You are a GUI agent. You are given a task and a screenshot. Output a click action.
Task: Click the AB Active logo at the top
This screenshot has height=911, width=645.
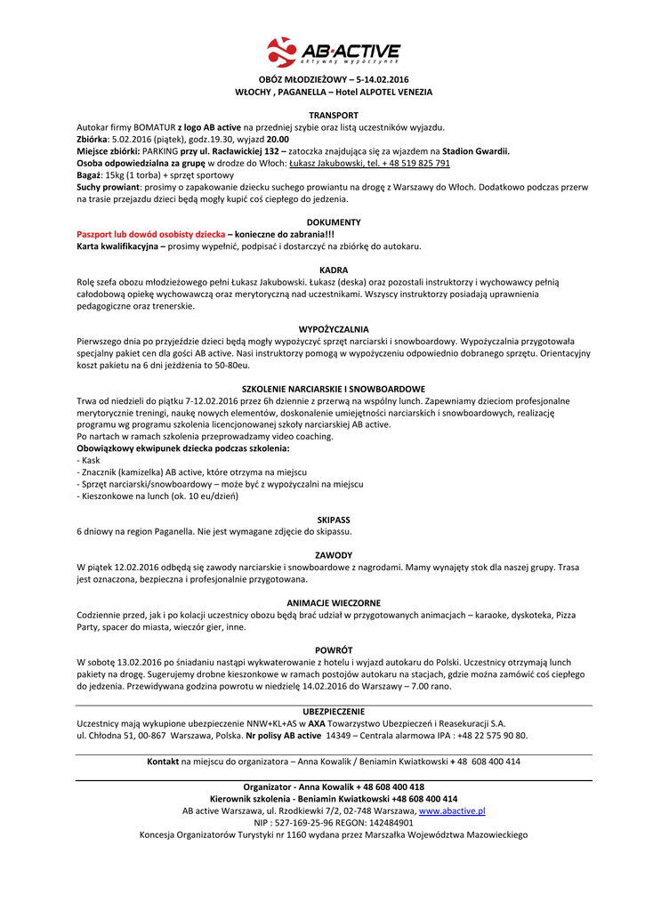[x=334, y=52]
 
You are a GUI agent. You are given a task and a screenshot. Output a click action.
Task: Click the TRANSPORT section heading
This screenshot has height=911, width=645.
[x=334, y=116]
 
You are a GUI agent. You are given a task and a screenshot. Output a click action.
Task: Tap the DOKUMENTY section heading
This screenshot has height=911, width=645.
[x=334, y=222]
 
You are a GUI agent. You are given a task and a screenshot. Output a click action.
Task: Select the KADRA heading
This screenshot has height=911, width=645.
[x=334, y=270]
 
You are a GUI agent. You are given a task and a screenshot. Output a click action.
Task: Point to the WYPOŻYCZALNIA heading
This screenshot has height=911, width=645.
[x=334, y=329]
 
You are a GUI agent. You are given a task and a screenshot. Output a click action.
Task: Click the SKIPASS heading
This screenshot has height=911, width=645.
[x=334, y=520]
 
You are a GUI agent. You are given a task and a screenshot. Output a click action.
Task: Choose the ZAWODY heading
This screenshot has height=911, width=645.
[x=334, y=555]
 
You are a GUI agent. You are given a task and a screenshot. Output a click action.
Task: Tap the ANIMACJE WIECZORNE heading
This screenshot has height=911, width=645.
[x=334, y=603]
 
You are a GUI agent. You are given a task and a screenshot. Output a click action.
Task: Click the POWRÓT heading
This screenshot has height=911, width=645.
[x=334, y=650]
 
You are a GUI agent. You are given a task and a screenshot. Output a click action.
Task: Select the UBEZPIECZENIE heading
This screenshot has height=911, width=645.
[x=334, y=711]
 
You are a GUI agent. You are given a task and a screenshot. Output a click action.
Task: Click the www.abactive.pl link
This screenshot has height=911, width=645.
[x=451, y=811]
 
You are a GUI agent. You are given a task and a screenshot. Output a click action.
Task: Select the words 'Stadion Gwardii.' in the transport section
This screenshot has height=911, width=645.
[x=476, y=151]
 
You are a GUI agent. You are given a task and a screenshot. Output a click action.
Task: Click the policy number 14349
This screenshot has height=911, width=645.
[x=337, y=736]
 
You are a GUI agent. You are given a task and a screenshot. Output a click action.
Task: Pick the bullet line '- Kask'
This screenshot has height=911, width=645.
[x=89, y=460]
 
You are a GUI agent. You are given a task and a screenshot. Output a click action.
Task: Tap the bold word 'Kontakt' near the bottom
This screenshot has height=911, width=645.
[x=163, y=762]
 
